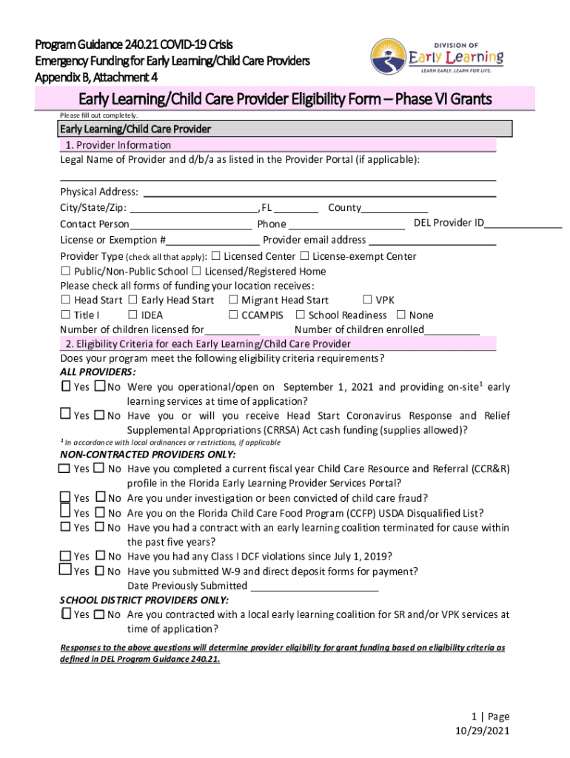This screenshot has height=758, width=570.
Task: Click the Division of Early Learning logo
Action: click(x=437, y=58)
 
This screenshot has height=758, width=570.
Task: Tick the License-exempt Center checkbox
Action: click(x=304, y=256)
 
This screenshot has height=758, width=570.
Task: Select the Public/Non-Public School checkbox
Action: click(x=66, y=271)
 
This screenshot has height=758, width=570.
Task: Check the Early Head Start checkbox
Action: click(x=133, y=300)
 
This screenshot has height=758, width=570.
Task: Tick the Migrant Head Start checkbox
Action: click(x=233, y=300)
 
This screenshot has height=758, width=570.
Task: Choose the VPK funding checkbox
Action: click(x=367, y=300)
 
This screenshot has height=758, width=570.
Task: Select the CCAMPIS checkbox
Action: click(x=233, y=315)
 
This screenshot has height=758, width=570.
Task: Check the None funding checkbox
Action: click(x=400, y=315)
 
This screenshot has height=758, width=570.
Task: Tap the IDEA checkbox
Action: click(x=133, y=315)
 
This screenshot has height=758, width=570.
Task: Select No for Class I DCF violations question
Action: click(x=99, y=557)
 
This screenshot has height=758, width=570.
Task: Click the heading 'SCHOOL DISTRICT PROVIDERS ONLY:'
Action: click(x=144, y=600)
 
